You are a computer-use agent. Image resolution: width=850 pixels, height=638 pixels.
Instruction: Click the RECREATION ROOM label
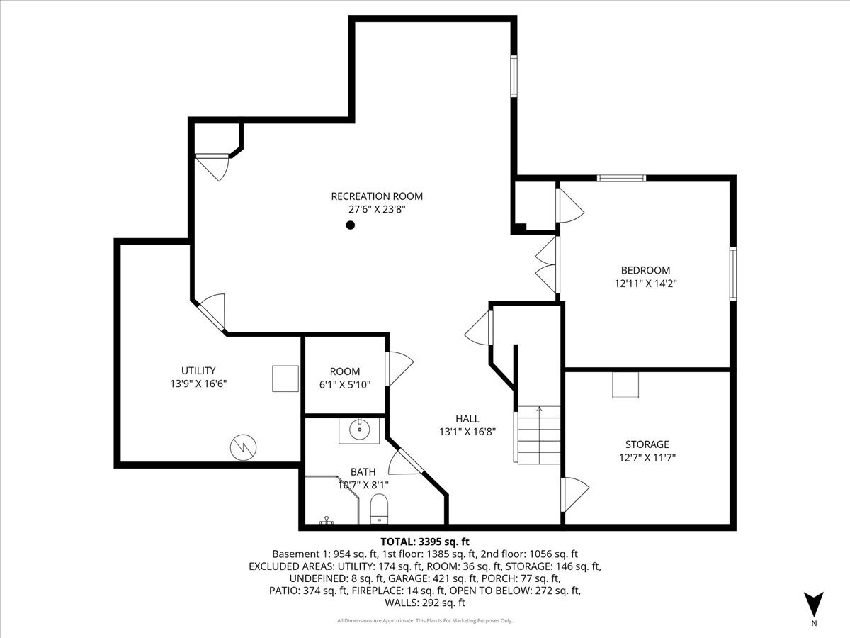click(x=377, y=196)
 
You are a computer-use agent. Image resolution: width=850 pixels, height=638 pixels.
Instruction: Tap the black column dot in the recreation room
click(x=350, y=225)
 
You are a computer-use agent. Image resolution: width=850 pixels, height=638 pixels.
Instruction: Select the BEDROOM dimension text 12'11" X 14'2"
click(x=645, y=283)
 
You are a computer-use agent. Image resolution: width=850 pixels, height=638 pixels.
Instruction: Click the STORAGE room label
click(x=647, y=444)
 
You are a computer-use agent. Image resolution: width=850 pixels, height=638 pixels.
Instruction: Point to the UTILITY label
click(x=198, y=370)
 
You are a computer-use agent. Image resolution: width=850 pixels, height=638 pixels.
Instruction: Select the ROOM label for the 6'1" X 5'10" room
click(x=345, y=371)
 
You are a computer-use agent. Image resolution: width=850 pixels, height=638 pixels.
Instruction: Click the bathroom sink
click(x=361, y=430)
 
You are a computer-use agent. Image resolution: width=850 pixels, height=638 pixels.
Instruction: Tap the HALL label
click(x=467, y=418)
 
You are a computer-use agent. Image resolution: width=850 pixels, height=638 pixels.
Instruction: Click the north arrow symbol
click(x=814, y=604)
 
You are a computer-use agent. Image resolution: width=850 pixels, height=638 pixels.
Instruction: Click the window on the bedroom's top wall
click(x=621, y=178)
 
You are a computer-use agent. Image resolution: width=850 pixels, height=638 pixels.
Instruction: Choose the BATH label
click(x=363, y=471)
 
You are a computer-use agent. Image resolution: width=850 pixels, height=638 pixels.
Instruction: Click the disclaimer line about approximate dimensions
click(x=425, y=621)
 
